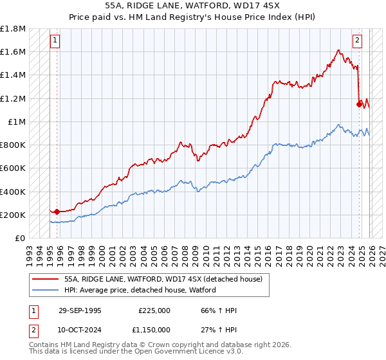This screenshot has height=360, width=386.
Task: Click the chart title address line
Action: (193, 4)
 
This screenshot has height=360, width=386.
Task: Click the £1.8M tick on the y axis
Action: (13, 29)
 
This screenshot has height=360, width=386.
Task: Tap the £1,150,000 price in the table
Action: (154, 330)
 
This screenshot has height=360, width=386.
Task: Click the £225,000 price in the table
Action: (154, 310)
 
